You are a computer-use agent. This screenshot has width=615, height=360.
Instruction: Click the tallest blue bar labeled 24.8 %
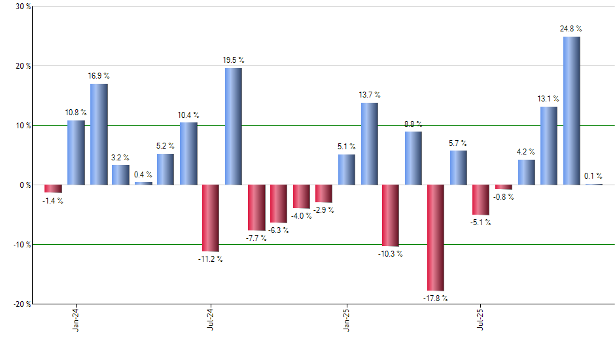(x=571, y=111)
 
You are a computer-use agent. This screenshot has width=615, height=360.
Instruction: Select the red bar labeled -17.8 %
(x=436, y=238)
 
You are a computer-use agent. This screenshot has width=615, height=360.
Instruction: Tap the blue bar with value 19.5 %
(x=234, y=126)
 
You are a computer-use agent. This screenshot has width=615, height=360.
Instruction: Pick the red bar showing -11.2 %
(x=211, y=218)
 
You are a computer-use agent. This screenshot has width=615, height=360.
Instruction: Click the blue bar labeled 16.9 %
(x=99, y=134)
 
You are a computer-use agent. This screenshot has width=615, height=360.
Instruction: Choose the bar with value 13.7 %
(x=369, y=144)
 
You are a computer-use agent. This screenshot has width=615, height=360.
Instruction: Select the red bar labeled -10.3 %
(x=391, y=215)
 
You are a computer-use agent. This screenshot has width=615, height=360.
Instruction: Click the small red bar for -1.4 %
(x=53, y=189)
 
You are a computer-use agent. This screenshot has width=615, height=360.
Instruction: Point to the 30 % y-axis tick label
(x=23, y=7)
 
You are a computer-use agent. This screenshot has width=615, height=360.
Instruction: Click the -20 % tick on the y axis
(x=22, y=304)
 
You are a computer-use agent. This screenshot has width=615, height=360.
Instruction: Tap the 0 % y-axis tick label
(x=25, y=185)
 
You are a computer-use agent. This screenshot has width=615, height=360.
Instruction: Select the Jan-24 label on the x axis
(x=76, y=319)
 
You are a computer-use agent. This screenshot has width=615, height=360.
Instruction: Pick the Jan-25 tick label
(x=346, y=319)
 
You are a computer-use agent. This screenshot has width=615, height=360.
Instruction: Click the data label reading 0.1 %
(x=593, y=176)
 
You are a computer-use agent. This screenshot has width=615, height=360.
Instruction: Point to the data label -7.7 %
(x=256, y=238)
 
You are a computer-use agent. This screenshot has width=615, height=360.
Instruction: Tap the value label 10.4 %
(x=188, y=115)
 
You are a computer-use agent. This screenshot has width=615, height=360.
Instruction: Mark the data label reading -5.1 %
(x=481, y=223)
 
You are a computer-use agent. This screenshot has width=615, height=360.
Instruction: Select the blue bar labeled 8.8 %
(x=413, y=158)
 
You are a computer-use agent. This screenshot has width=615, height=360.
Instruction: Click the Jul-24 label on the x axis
(x=211, y=319)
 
